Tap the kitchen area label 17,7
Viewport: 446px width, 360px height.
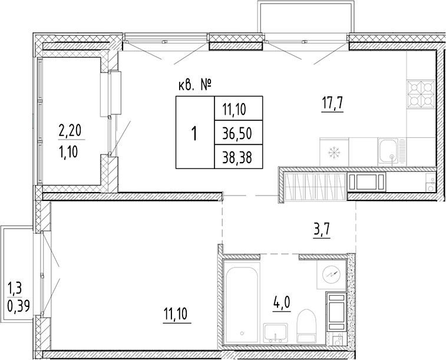pos(332,106)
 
